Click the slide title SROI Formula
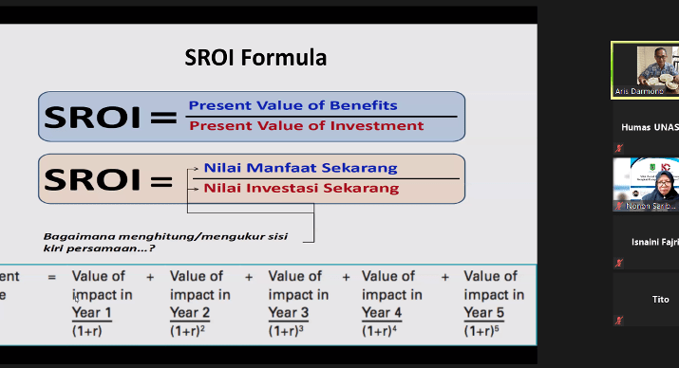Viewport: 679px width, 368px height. [255, 58]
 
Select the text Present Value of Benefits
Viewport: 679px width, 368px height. [292, 105]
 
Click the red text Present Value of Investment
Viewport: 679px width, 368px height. [306, 125]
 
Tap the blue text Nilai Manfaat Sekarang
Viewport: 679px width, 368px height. [300, 168]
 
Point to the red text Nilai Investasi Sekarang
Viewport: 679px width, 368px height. [301, 189]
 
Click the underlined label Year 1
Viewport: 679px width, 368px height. [92, 312]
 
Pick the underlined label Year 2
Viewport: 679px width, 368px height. [189, 312]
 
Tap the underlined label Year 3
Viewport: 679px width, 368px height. [288, 312]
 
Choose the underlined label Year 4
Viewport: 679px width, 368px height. [382, 312]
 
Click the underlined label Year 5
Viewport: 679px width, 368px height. [482, 312]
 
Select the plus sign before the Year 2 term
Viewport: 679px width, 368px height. [150, 277]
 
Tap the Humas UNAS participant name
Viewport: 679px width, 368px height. [650, 126]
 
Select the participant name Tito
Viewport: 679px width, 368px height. [659, 299]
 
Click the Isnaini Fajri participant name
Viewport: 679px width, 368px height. [654, 242]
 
